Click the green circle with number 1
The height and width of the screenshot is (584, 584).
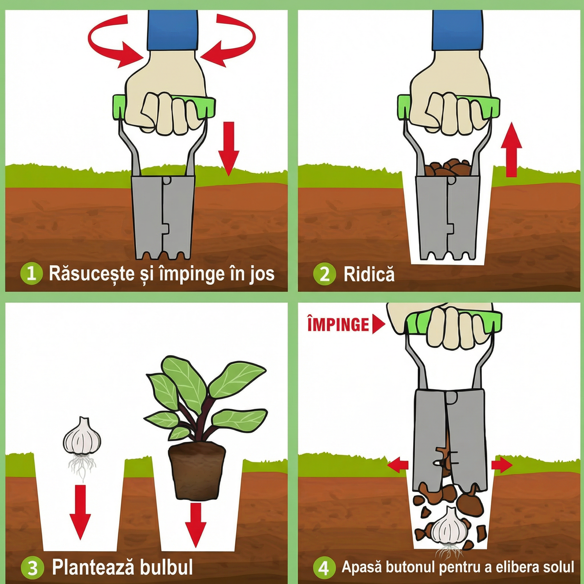pos(32,274)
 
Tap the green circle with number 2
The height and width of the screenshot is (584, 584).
pos(325,274)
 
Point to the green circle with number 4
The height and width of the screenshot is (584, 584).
pos(324,567)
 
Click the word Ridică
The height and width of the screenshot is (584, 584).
pos(369,274)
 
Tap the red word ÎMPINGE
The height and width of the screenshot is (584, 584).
pos(338,324)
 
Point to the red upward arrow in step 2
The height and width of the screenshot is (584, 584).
pos(511,150)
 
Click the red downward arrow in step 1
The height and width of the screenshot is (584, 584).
pos(229,149)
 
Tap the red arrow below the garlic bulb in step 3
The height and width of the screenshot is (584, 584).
pos(80,512)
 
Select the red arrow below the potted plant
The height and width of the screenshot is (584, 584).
pos(196,529)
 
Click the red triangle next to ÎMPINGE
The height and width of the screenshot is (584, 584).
pos(378,324)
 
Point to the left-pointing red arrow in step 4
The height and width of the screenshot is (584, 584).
pos(398,465)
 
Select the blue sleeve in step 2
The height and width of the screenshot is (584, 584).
pos(457,30)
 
